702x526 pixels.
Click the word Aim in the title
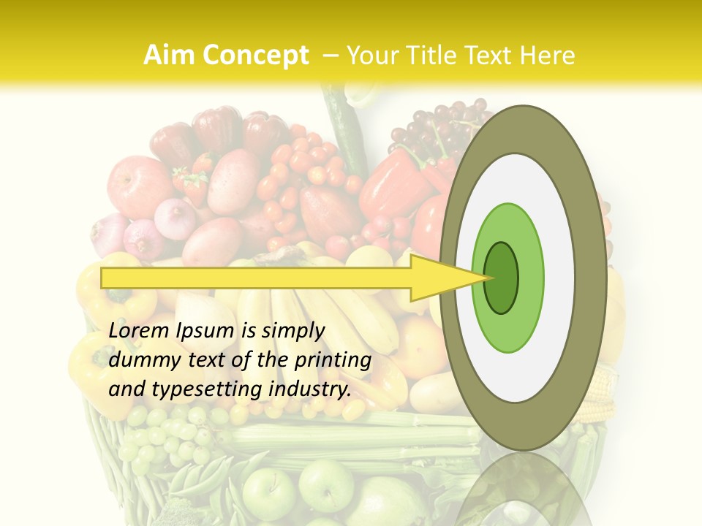coord(169,56)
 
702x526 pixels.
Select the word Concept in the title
coord(255,56)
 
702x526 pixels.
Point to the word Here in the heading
coord(548,56)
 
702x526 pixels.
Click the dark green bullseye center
coord(501,278)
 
